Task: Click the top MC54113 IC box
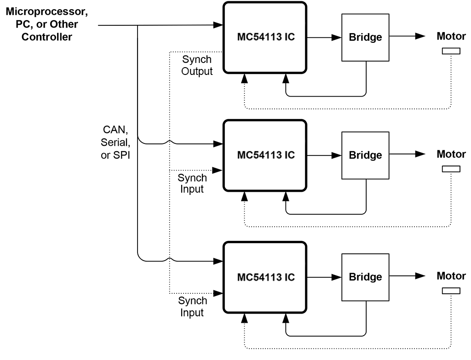(x=265, y=38)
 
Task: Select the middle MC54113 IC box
(x=265, y=155)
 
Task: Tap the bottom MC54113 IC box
(x=265, y=278)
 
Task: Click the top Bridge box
(x=365, y=38)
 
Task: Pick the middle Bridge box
(x=365, y=155)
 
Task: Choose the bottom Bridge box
(x=365, y=277)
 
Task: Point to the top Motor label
(x=451, y=36)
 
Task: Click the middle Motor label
(x=451, y=154)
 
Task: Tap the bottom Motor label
(x=451, y=276)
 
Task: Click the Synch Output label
(x=197, y=65)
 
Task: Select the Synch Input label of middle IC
(x=192, y=183)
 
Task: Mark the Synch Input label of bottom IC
(x=192, y=307)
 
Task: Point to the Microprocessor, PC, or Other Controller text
(x=47, y=24)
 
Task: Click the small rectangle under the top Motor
(x=451, y=51)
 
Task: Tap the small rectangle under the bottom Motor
(x=451, y=291)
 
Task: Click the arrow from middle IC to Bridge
(x=324, y=155)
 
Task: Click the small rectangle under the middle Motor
(x=451, y=169)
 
